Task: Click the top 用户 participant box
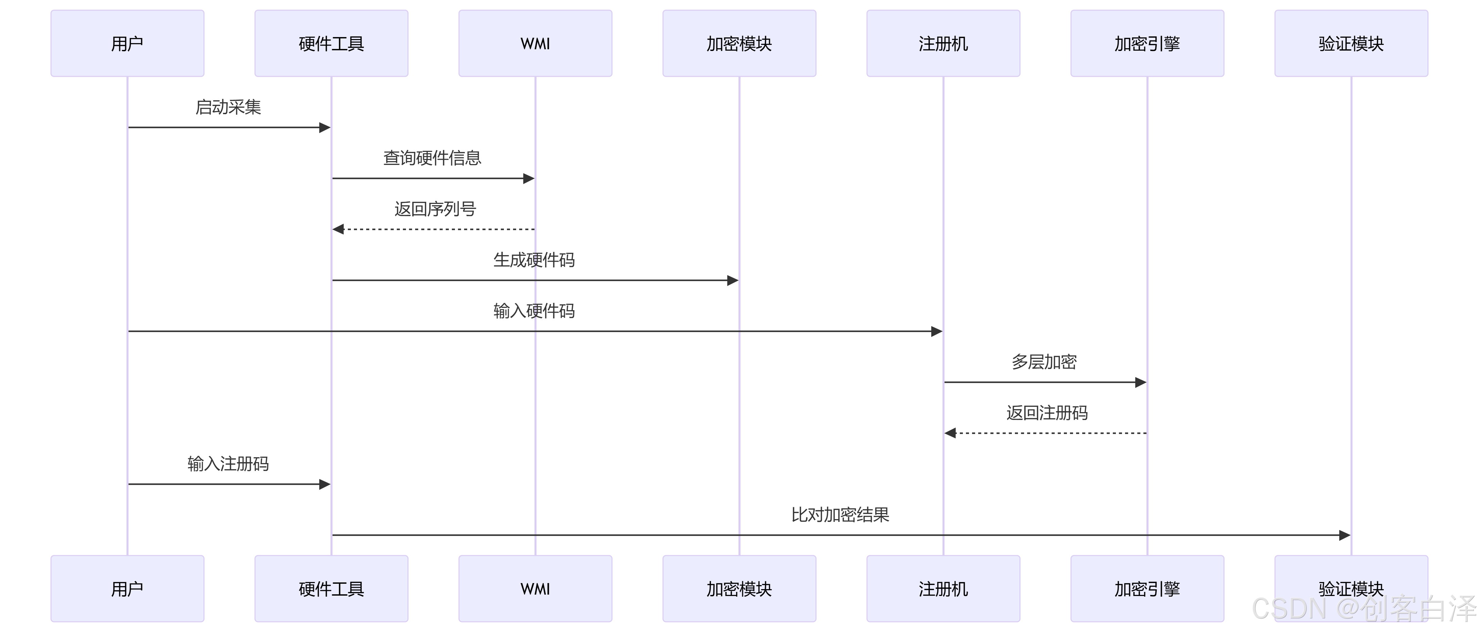point(127,43)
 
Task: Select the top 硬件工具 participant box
point(331,43)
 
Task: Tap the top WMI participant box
point(535,43)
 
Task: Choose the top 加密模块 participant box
point(739,43)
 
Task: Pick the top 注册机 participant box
point(943,43)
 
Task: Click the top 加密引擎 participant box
point(1147,43)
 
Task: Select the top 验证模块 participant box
point(1351,43)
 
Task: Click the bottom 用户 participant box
point(127,588)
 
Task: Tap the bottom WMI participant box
point(535,588)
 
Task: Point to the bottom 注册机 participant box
point(943,588)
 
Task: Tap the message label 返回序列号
point(435,209)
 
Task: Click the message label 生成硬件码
point(534,260)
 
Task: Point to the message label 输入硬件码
point(534,311)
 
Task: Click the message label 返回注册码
point(1047,412)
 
